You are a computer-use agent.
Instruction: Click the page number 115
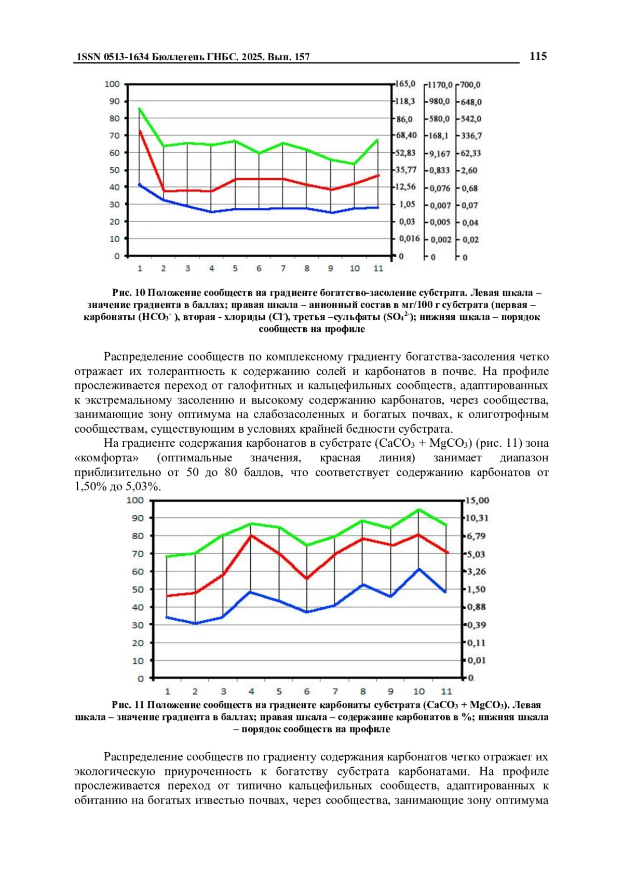[538, 56]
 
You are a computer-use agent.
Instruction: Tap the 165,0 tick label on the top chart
[406, 84]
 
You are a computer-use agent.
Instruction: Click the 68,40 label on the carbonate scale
[407, 136]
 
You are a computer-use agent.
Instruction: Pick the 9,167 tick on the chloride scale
[440, 153]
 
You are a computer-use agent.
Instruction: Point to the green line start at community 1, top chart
[140, 109]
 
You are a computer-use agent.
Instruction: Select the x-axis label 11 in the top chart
[378, 269]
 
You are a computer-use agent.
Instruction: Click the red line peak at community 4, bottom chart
[251, 536]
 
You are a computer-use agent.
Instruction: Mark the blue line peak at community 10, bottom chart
[418, 569]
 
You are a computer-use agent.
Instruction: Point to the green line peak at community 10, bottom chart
[418, 510]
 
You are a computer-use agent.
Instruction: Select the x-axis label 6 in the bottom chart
[307, 692]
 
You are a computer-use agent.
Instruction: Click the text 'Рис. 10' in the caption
[128, 293]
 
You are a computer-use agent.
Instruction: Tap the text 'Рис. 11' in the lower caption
[127, 705]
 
